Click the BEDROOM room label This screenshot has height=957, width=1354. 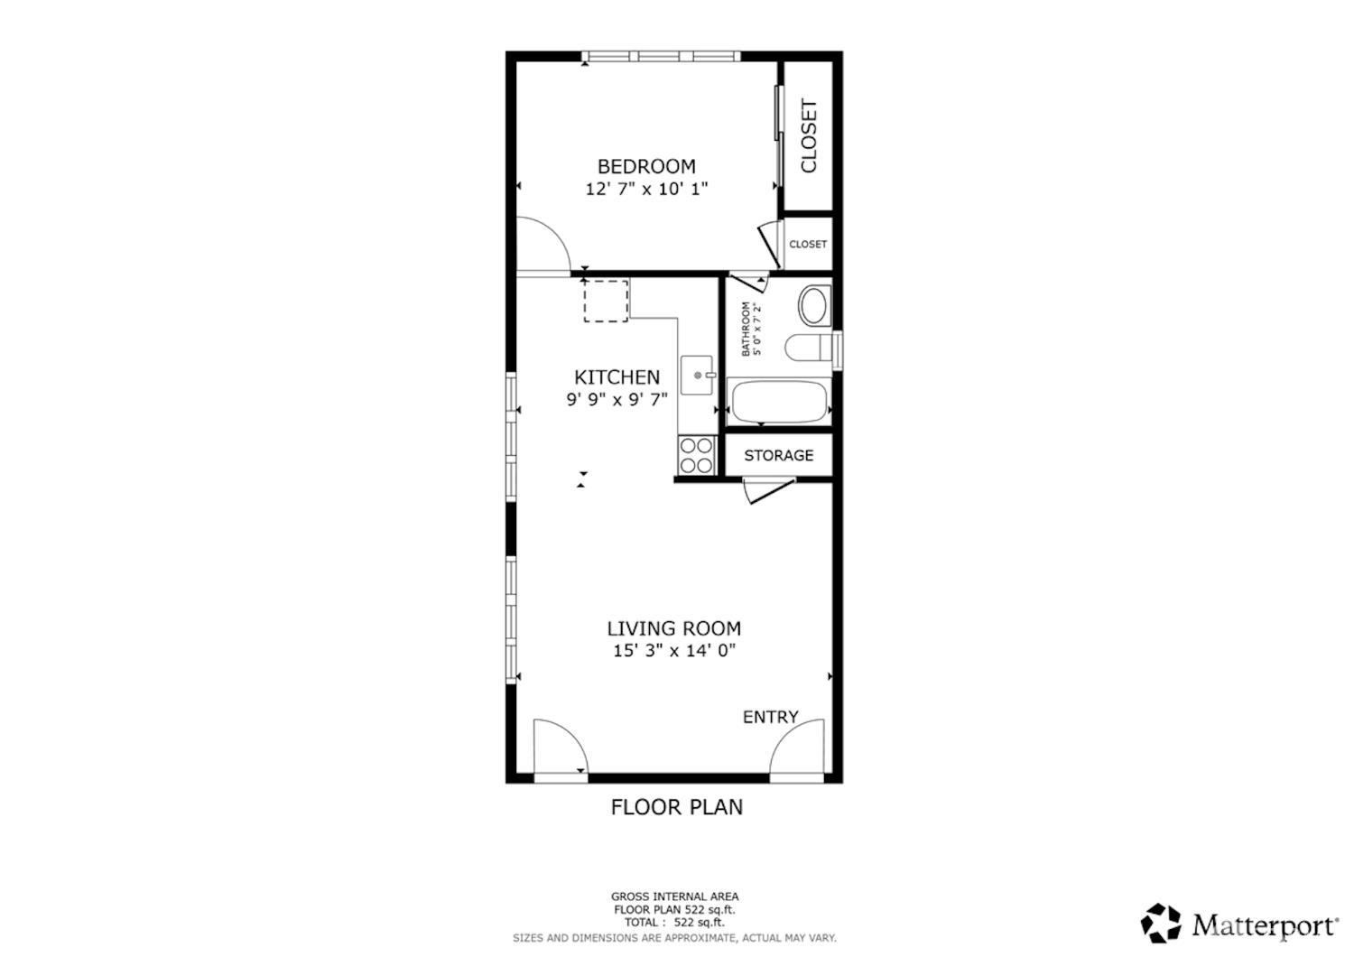pyautogui.click(x=646, y=166)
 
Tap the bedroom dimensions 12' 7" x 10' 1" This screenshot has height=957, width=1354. pyautogui.click(x=646, y=190)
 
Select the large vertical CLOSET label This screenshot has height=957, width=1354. pyautogui.click(x=809, y=135)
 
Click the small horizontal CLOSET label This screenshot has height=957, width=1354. pyautogui.click(x=808, y=245)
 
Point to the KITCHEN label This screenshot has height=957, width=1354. pyautogui.click(x=617, y=377)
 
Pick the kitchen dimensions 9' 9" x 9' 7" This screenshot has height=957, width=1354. pyautogui.click(x=617, y=400)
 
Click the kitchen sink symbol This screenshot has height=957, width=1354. pyautogui.click(x=698, y=376)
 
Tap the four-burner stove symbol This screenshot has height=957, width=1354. pyautogui.click(x=697, y=455)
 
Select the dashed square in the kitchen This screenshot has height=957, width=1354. pyautogui.click(x=606, y=301)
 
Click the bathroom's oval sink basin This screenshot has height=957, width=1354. pyautogui.click(x=814, y=306)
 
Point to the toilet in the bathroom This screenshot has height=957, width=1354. pyautogui.click(x=807, y=348)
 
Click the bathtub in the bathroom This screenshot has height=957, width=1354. pyautogui.click(x=778, y=402)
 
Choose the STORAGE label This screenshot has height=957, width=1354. pyautogui.click(x=778, y=456)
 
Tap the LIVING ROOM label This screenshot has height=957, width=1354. pyautogui.click(x=674, y=628)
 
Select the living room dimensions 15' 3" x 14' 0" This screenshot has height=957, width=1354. pyautogui.click(x=674, y=651)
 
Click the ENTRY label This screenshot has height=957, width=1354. pyautogui.click(x=770, y=717)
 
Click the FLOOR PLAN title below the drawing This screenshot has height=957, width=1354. pyautogui.click(x=677, y=807)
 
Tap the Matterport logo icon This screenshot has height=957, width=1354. pyautogui.click(x=1161, y=924)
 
